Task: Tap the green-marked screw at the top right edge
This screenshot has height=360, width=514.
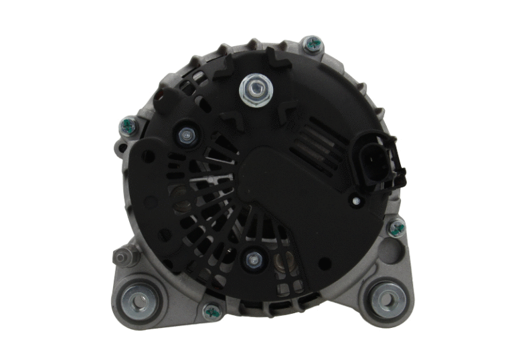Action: (312, 44)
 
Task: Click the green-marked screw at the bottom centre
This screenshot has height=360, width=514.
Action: (211, 310)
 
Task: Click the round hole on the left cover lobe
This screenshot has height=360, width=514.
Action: (148, 157)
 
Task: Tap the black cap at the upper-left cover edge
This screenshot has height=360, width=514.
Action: (163, 102)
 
